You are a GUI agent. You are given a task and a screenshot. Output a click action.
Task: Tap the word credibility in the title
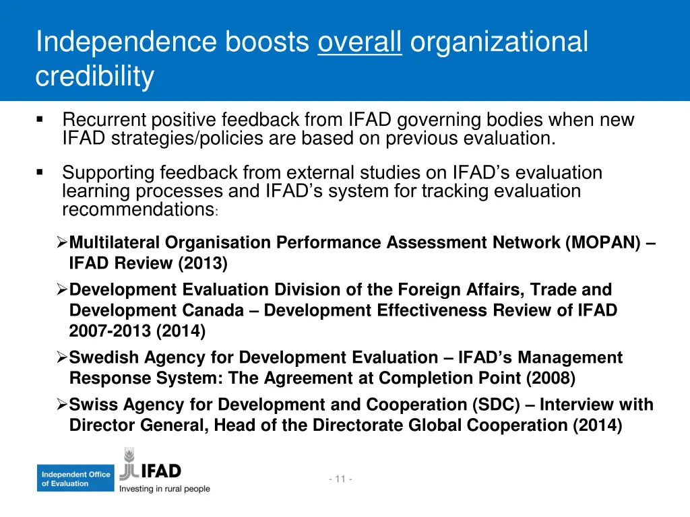click(x=94, y=77)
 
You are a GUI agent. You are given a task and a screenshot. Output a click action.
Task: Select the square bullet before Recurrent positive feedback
click(x=40, y=120)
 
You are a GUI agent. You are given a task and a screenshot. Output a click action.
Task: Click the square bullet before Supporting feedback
click(x=40, y=173)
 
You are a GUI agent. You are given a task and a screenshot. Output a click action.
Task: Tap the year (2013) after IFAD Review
click(x=203, y=264)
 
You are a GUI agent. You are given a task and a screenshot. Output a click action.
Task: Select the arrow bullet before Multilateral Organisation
click(x=61, y=242)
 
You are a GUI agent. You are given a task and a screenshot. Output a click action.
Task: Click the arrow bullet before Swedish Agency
click(x=61, y=357)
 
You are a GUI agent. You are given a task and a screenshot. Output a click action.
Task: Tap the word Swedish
click(x=100, y=357)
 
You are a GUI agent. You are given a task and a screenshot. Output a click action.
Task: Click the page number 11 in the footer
click(x=340, y=479)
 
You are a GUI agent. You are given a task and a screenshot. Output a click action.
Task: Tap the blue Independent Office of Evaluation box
click(x=75, y=479)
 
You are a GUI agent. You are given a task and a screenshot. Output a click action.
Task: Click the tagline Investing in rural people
click(x=164, y=489)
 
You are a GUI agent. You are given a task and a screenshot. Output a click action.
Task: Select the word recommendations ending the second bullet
click(x=137, y=209)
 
